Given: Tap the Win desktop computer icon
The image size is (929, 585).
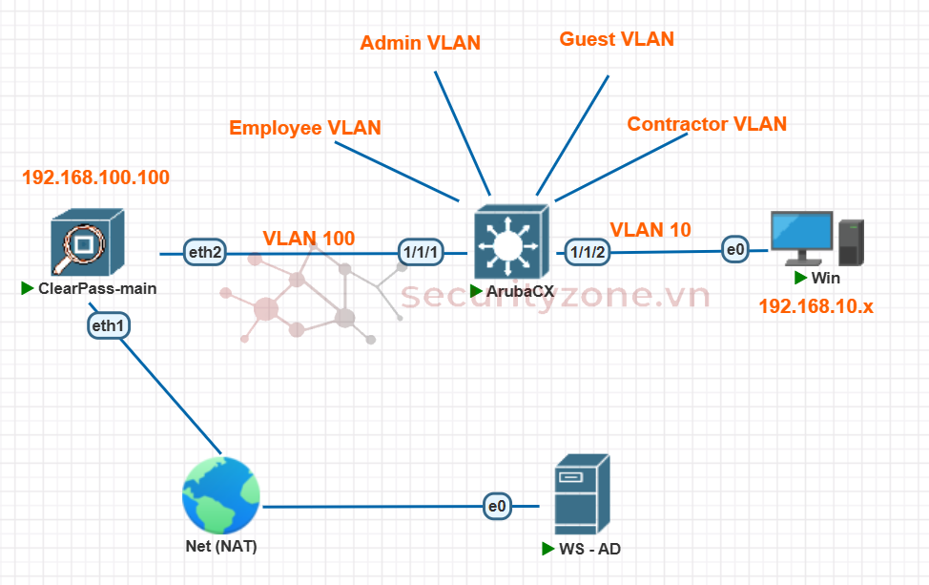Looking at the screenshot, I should click(x=816, y=240).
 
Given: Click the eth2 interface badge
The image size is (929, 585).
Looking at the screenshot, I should click(x=205, y=252).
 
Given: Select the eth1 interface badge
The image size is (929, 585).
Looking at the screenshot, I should click(x=108, y=325).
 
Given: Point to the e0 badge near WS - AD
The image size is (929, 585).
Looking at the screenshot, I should click(x=497, y=507).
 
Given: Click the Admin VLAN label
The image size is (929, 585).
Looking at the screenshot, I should click(x=421, y=43).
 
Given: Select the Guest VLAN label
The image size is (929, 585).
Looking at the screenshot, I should click(x=616, y=39).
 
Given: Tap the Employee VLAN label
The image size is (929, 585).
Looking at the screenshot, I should click(x=305, y=128).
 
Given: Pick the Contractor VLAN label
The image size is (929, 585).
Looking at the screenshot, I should click(x=707, y=124).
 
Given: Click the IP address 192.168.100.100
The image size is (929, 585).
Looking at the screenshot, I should click(x=95, y=178).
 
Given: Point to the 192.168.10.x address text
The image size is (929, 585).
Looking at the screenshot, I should click(x=816, y=306).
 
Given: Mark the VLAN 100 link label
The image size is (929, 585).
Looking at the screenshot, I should click(x=309, y=238).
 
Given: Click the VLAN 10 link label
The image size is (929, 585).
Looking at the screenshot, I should click(x=650, y=229).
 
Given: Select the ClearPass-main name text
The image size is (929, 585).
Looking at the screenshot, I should click(x=97, y=288).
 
